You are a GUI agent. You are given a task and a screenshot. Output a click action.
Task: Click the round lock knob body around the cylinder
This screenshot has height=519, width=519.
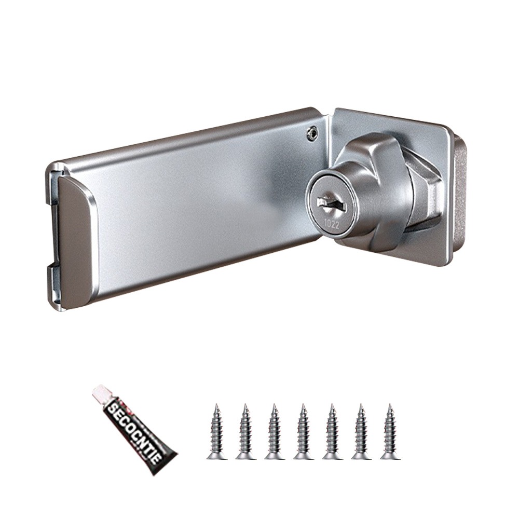click(363, 202)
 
